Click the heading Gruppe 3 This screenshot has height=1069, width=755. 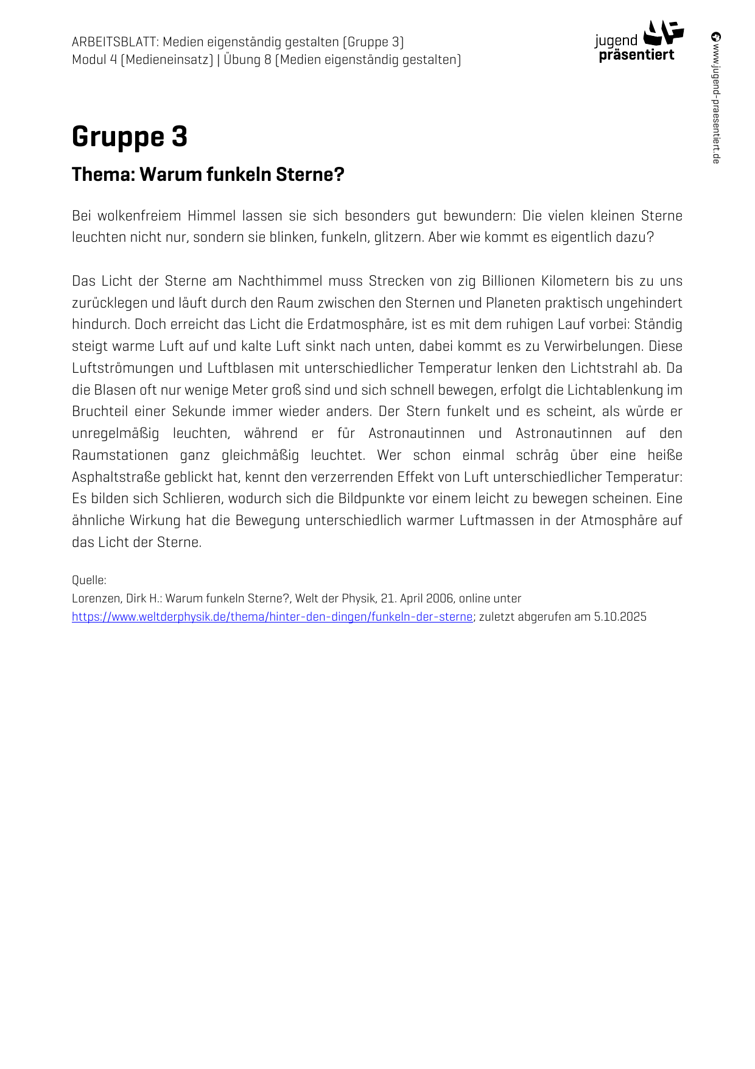pos(129,137)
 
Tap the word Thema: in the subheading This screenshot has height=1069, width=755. pos(103,175)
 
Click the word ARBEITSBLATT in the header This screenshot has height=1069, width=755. pos(114,42)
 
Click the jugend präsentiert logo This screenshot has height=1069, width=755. pos(638,41)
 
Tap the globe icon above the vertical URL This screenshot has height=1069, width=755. pos(716,37)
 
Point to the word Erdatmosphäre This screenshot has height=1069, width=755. pos(356,325)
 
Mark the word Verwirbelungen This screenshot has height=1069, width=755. pos(593,347)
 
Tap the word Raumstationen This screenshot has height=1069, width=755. pos(120,456)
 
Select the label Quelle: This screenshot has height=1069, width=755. pos(89,580)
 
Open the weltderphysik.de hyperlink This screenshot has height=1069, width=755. pos(272,616)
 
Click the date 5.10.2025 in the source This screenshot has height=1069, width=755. pos(620,616)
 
